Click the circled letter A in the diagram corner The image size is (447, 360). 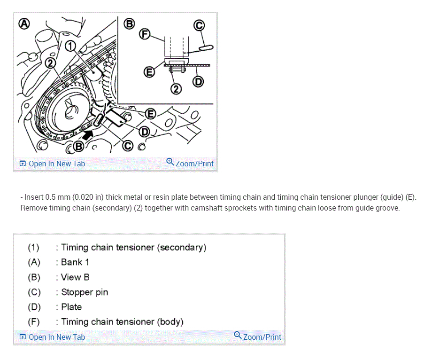(22, 23)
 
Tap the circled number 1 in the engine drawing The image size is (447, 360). (70, 46)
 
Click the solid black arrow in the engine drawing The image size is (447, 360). (89, 135)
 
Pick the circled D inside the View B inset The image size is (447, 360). (198, 82)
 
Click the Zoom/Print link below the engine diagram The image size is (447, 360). (190, 163)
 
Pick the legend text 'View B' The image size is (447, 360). (75, 277)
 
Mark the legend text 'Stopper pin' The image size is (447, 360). (85, 292)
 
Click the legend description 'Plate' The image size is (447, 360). (71, 307)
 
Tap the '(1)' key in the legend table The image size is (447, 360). (33, 248)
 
